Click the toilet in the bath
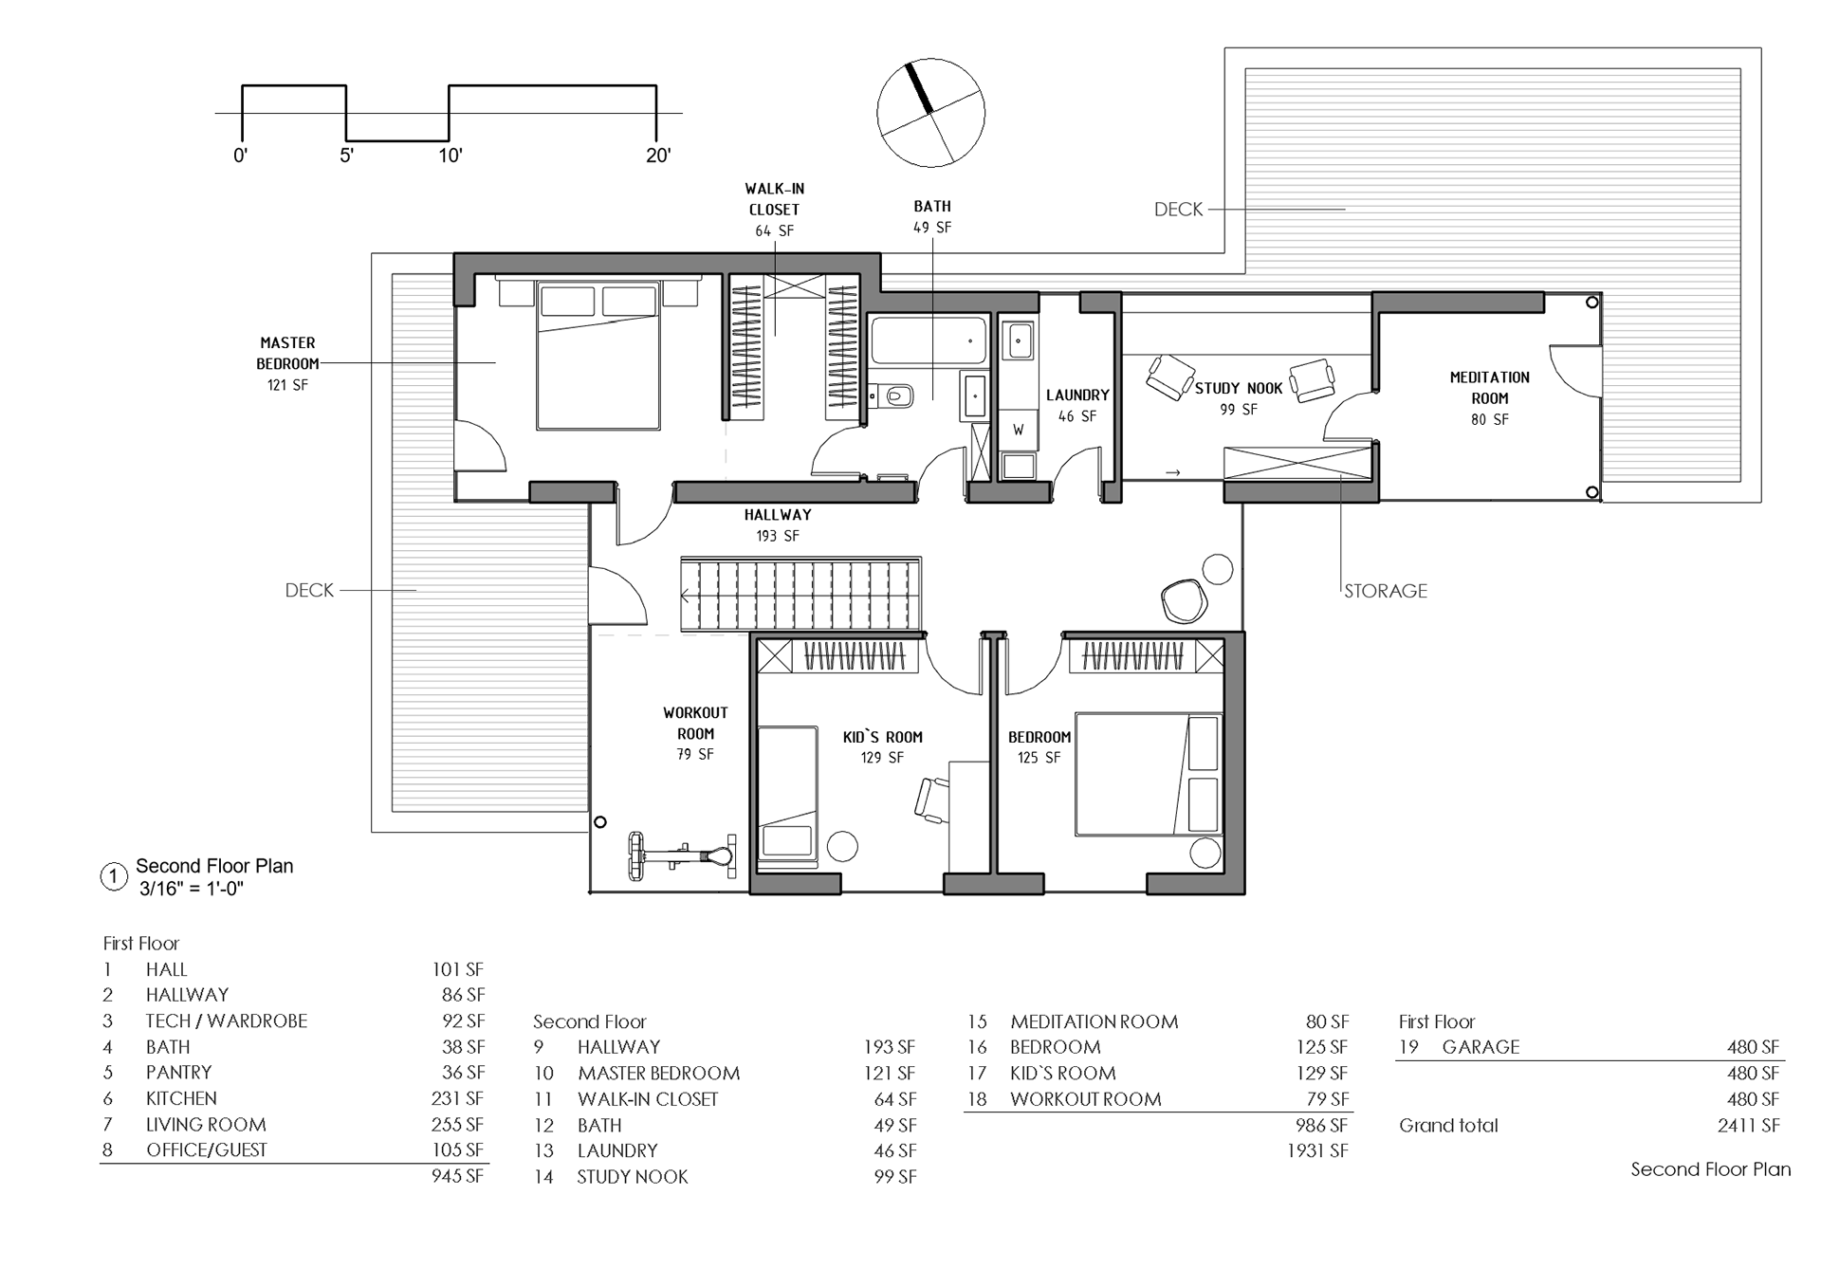click(x=891, y=395)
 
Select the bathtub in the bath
click(x=929, y=340)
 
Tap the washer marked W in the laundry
click(x=1019, y=429)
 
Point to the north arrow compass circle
click(x=930, y=113)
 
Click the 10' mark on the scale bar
click(x=450, y=156)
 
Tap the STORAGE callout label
click(x=1386, y=591)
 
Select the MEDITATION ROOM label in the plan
click(x=1489, y=388)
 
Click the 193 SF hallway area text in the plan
click(x=778, y=536)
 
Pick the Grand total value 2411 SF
click(x=1748, y=1126)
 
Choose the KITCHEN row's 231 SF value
click(x=457, y=1098)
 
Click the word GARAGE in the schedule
click(x=1481, y=1047)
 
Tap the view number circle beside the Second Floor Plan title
click(x=114, y=877)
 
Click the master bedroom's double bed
click(x=598, y=355)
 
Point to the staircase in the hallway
click(x=800, y=595)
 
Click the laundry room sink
click(x=1020, y=340)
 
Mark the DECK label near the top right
click(x=1178, y=210)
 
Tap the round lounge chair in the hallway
click(x=1183, y=599)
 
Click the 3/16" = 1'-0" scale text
click(x=192, y=889)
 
